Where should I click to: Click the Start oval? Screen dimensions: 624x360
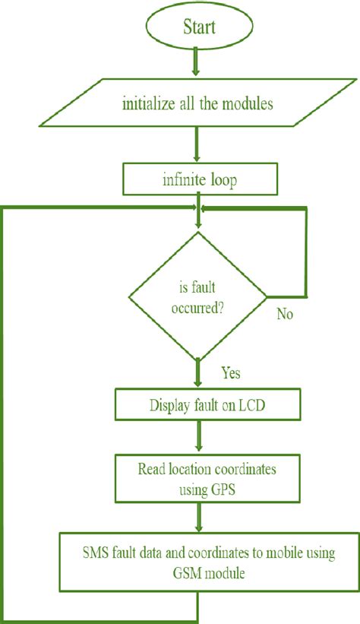tap(199, 27)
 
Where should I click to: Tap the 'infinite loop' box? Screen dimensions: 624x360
tap(198, 181)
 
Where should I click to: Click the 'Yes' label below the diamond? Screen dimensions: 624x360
tap(232, 373)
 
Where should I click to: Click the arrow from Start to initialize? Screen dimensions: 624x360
tap(197, 62)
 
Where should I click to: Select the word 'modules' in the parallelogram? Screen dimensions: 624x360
tap(247, 104)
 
